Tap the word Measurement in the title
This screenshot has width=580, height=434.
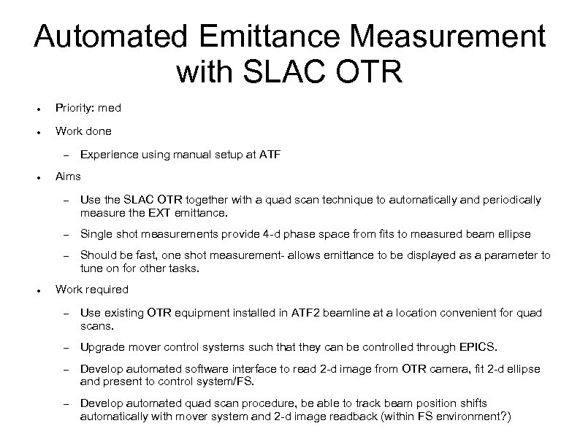[x=452, y=36]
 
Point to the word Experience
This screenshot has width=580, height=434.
[x=108, y=155]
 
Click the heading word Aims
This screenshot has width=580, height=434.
[x=68, y=176]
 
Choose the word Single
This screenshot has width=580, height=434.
[x=96, y=233]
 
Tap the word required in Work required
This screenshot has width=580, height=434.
[x=107, y=289]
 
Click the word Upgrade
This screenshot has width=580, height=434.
[x=102, y=346]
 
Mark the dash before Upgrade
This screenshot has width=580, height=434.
[x=65, y=346]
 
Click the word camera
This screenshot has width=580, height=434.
[x=438, y=368]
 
